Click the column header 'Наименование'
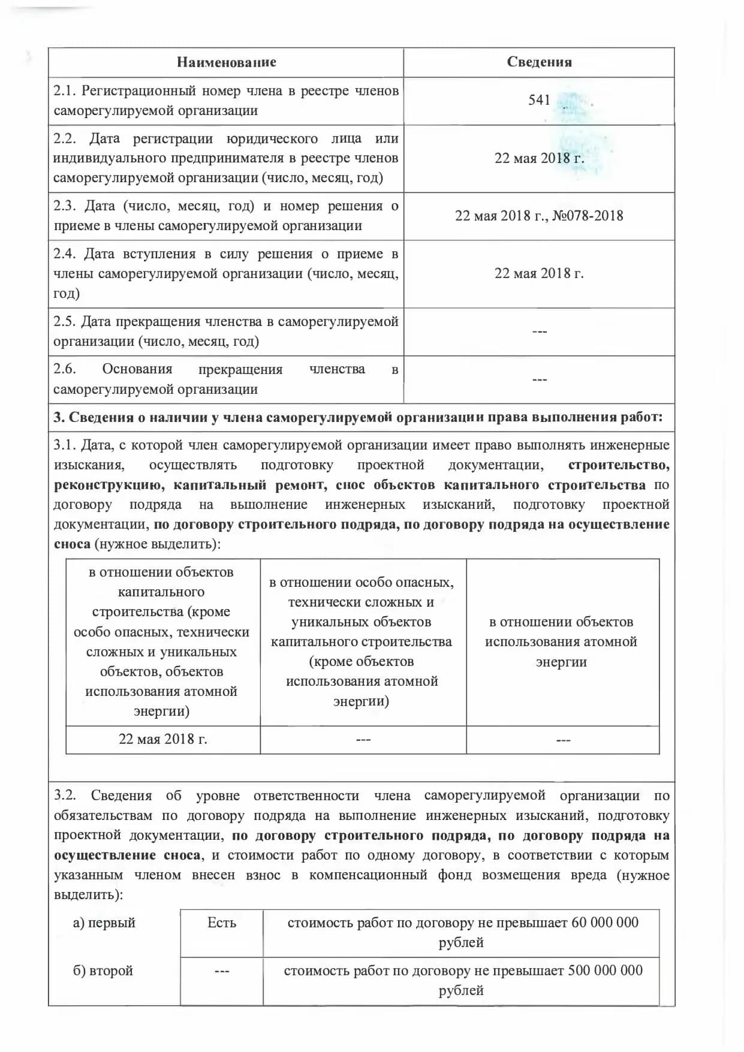click(x=226, y=62)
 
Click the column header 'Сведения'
click(x=539, y=62)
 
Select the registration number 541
click(x=539, y=100)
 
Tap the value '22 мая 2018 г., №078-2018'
click(x=539, y=216)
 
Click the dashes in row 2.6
click(x=539, y=379)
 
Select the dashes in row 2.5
click(x=539, y=331)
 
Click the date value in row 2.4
click(x=539, y=273)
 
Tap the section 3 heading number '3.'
click(x=59, y=418)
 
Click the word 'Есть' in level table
click(x=221, y=923)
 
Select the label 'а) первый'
click(x=104, y=923)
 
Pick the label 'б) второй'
click(x=103, y=970)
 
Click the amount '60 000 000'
click(x=605, y=923)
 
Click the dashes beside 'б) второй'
click(x=221, y=971)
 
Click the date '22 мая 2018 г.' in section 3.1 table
click(x=163, y=739)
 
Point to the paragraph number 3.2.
click(x=65, y=795)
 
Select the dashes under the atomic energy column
click(x=563, y=740)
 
